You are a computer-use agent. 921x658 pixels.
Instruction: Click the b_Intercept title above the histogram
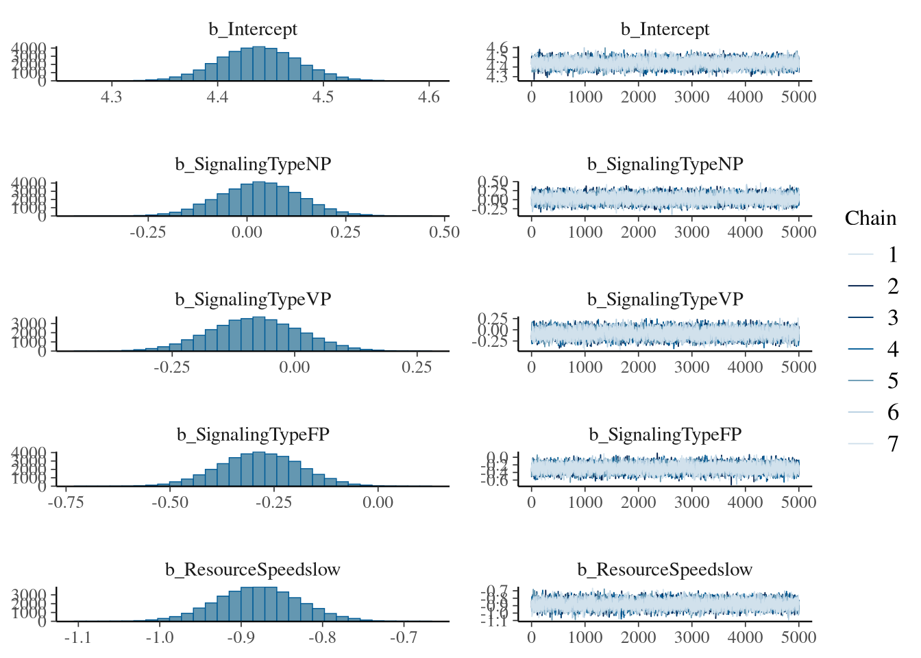click(253, 29)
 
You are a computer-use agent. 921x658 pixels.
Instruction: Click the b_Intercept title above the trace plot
click(665, 29)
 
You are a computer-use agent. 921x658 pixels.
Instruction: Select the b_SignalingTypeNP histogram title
click(253, 164)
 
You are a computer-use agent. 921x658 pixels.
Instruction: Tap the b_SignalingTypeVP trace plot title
click(665, 300)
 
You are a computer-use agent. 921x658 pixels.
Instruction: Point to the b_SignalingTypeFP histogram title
click(253, 435)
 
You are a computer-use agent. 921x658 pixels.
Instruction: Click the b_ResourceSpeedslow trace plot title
click(665, 570)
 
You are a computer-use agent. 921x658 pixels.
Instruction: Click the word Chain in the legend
click(870, 218)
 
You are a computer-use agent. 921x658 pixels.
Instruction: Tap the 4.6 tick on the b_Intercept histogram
click(428, 97)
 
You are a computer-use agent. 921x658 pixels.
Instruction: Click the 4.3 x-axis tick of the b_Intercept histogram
click(111, 97)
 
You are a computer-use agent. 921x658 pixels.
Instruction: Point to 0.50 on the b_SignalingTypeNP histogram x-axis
click(444, 232)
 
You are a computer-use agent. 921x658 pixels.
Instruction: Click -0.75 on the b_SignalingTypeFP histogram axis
click(66, 502)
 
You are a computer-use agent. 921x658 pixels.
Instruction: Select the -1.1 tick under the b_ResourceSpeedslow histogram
click(78, 637)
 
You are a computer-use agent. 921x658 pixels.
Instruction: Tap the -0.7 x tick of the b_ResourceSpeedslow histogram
click(403, 637)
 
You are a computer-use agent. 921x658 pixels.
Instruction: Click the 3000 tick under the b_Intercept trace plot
click(691, 97)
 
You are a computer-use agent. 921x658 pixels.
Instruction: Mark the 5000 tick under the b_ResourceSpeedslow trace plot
click(798, 637)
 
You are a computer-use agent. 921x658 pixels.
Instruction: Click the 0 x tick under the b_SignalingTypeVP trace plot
click(532, 367)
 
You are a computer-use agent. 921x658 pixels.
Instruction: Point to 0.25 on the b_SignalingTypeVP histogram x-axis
click(417, 367)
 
